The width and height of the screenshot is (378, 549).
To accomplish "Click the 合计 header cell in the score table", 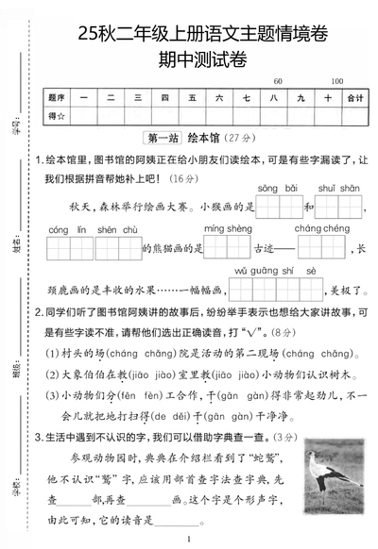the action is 355,97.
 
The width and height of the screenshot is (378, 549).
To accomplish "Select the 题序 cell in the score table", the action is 55,97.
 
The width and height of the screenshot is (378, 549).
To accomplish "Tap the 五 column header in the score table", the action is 193,97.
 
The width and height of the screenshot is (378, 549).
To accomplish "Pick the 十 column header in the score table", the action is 327,97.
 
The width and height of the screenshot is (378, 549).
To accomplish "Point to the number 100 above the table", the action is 337,81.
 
